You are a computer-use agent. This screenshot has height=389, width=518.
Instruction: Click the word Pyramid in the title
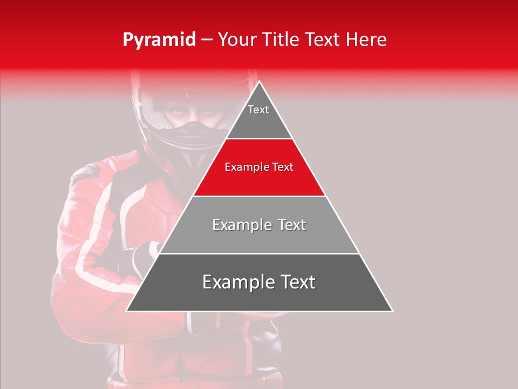(159, 40)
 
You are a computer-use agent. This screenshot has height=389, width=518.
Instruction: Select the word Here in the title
(366, 40)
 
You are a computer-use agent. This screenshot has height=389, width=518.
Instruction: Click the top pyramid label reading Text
(258, 110)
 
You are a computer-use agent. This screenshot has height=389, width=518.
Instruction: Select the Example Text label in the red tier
(259, 167)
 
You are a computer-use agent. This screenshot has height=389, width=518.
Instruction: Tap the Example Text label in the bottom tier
(259, 282)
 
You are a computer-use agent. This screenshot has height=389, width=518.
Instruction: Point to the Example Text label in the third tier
(259, 225)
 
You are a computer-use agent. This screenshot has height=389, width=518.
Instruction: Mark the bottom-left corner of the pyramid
(126, 311)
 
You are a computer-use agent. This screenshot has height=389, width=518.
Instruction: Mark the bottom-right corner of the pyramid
(392, 311)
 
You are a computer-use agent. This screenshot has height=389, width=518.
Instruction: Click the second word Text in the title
(324, 40)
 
